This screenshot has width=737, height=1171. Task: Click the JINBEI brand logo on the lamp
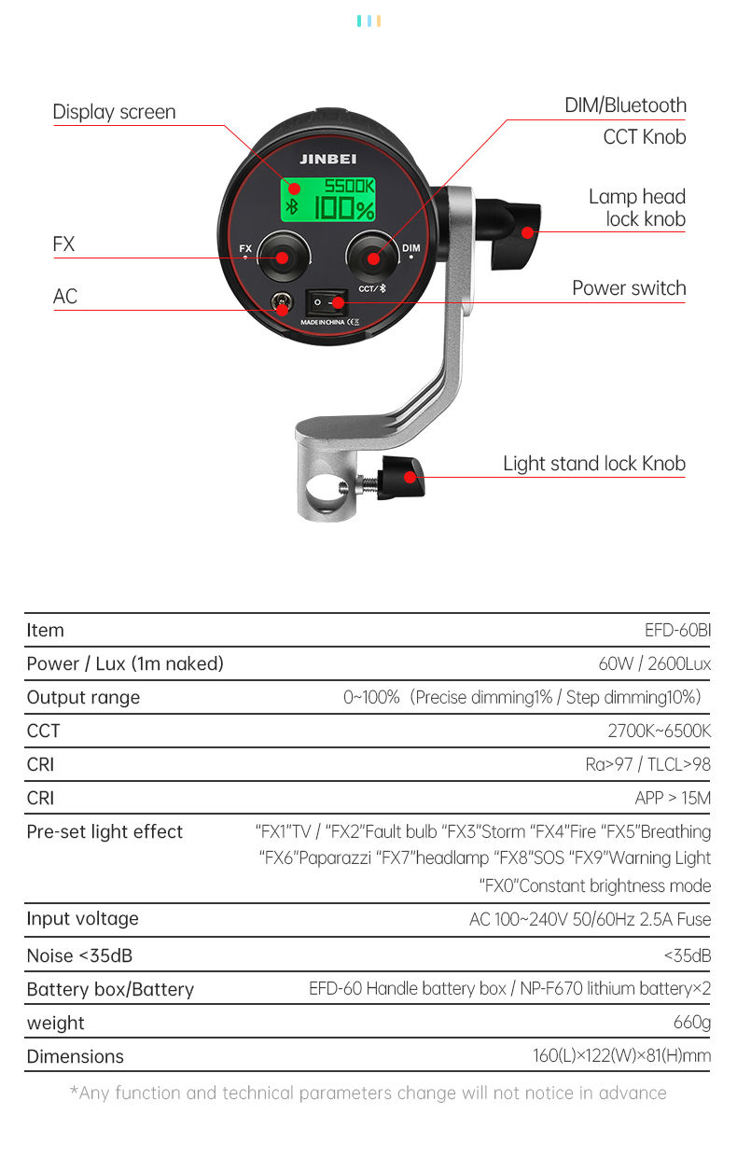point(327,159)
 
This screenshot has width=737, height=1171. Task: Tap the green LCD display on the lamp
point(328,199)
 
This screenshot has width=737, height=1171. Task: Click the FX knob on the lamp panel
point(283,258)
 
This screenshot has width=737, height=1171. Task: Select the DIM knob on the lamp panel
point(372,257)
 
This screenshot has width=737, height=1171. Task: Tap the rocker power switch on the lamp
point(327,302)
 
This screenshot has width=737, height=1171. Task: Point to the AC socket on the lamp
point(282,302)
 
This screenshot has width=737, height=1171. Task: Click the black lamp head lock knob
point(515,233)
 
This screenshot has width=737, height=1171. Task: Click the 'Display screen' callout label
point(114,112)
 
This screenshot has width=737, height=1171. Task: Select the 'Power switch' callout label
point(629,288)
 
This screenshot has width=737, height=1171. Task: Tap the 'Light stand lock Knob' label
point(594,463)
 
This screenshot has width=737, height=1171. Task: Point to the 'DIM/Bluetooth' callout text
point(625,105)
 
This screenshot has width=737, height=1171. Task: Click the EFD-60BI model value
point(677,631)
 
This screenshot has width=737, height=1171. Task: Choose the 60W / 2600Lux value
point(654,664)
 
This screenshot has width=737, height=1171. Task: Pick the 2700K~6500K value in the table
point(660,731)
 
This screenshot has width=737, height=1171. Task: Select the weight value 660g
point(692,1022)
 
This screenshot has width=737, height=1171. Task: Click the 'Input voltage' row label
point(83,919)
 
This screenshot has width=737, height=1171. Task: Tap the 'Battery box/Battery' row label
point(110,990)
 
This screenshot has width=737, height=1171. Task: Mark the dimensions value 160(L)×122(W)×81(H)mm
point(621,1055)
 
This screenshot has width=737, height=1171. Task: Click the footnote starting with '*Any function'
point(368,1094)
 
